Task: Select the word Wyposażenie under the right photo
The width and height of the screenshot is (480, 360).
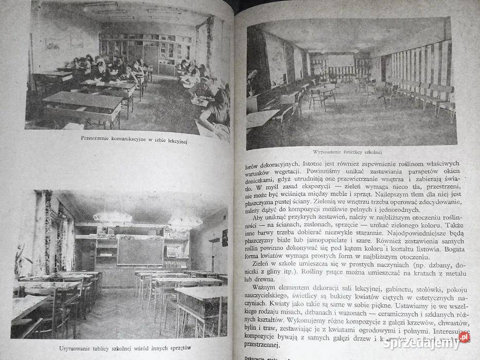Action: (327, 152)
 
